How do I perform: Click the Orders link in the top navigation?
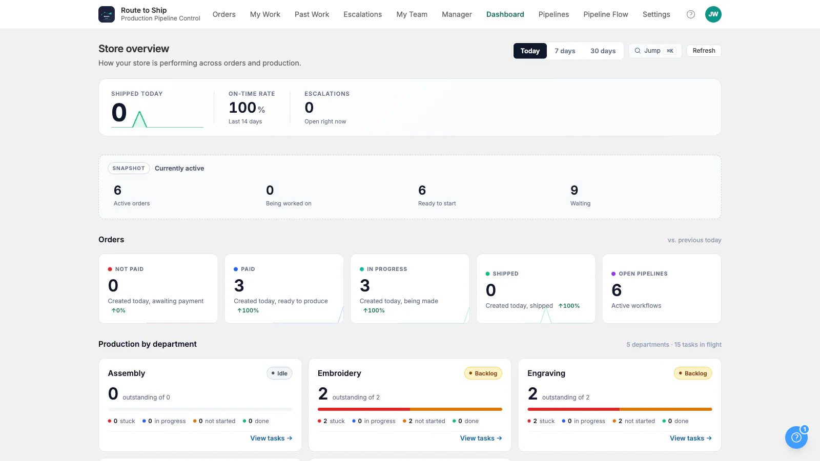pos(223,14)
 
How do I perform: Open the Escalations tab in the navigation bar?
pos(362,14)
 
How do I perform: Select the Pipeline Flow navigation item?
pos(605,14)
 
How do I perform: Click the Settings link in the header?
pos(656,14)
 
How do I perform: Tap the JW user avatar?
pos(713,14)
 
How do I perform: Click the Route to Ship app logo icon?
pos(107,14)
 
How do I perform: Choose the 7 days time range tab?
pos(564,51)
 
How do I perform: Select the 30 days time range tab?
pos(603,51)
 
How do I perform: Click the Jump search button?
pos(655,51)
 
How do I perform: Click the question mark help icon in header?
pos(690,14)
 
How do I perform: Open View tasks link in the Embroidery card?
pos(481,438)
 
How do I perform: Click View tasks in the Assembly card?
pos(271,438)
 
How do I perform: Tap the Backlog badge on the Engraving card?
pos(692,373)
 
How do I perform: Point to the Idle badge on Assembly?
pos(279,373)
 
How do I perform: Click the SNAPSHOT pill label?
pos(129,169)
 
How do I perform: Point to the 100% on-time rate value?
pos(247,108)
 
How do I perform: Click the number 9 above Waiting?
pos(574,190)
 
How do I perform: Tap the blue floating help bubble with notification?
pos(796,437)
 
